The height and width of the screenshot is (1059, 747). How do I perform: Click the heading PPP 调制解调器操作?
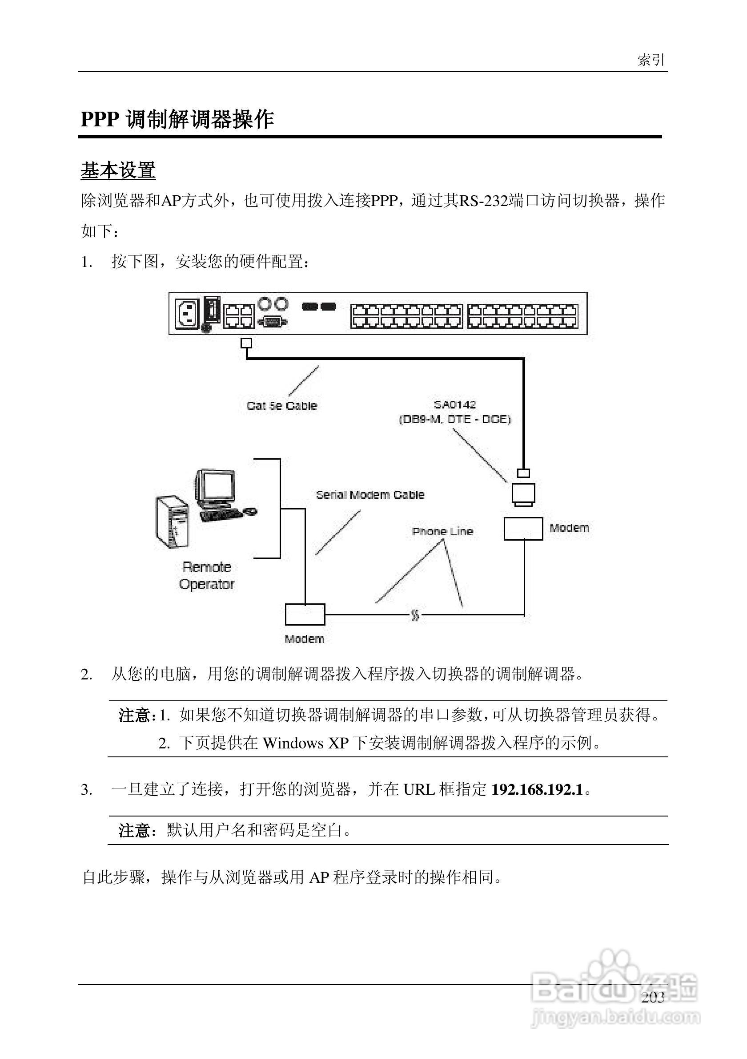tap(177, 119)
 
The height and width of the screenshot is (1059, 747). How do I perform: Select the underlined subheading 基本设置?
tap(118, 170)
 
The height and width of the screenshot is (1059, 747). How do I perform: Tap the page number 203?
tap(653, 997)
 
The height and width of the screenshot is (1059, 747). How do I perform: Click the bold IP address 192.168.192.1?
tap(537, 790)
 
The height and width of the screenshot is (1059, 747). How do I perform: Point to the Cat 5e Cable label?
tap(281, 406)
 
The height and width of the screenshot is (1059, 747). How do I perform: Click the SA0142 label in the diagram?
tap(455, 404)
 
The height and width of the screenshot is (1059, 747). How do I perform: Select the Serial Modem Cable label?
tap(370, 495)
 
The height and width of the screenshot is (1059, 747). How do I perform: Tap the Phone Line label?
tap(442, 531)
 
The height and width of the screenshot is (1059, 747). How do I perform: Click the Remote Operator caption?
tap(207, 576)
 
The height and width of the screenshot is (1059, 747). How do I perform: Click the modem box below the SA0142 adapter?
tap(523, 529)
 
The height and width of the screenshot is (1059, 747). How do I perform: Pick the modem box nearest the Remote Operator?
tap(305, 614)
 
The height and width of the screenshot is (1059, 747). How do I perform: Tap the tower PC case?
tap(173, 521)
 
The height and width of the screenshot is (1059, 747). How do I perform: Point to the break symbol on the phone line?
tap(415, 615)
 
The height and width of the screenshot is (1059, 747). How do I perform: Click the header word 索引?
tap(651, 60)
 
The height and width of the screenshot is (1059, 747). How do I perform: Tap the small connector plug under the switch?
tap(246, 343)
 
